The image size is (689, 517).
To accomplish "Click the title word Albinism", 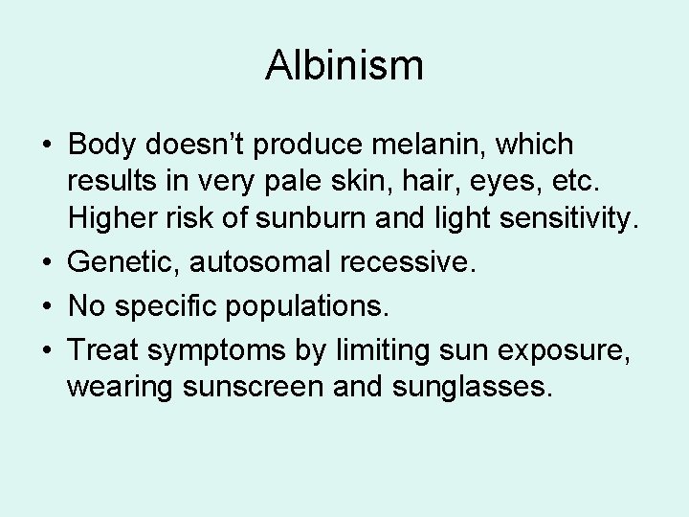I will pos(344,66).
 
